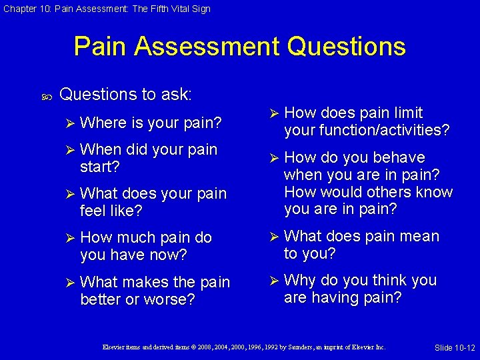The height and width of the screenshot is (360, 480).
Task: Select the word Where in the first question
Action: [x=103, y=123]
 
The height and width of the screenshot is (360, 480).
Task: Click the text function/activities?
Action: [x=366, y=130]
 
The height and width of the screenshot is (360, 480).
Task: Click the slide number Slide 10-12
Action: [x=454, y=348]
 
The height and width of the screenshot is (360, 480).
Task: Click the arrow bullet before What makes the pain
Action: [x=69, y=283]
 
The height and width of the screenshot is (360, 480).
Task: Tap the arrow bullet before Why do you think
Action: [x=273, y=280]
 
